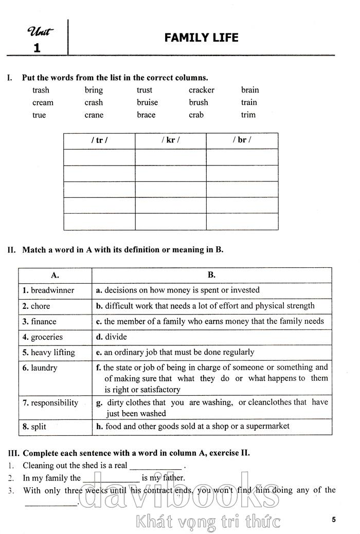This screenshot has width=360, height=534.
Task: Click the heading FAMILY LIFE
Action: [201, 38]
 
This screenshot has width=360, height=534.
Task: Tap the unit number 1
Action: [36, 48]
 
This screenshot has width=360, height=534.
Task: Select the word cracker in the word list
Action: [201, 90]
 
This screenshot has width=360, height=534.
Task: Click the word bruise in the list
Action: [147, 102]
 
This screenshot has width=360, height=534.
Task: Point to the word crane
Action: [94, 115]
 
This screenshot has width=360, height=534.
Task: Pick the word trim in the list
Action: [248, 115]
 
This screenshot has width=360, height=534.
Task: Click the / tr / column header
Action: [99, 140]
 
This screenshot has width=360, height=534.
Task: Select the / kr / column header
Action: [170, 140]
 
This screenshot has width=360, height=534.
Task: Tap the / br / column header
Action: [242, 140]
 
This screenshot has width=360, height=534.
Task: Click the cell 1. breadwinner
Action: [48, 290]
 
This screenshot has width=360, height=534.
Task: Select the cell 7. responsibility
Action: [50, 402]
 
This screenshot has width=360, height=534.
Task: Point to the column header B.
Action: [211, 275]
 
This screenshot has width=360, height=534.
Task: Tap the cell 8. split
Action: [34, 427]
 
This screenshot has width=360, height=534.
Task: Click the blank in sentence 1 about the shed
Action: [155, 467]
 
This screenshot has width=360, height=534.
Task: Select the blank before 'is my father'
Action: [111, 479]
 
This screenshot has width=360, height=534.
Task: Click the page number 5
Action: [334, 520]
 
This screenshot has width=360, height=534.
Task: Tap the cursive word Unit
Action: [41, 31]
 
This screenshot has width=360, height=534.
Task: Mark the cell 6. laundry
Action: [40, 368]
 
